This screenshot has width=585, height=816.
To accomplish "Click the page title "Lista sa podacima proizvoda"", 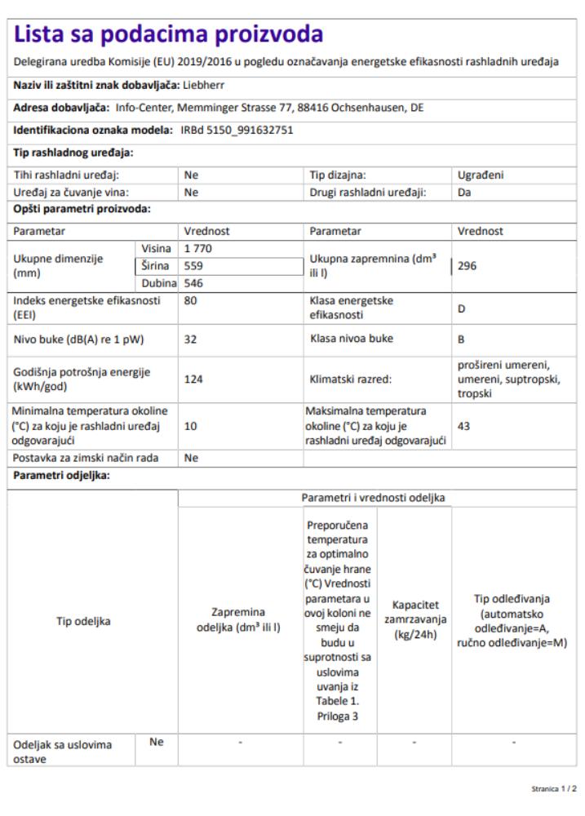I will tap(169, 34).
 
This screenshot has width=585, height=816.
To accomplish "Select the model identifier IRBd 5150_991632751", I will tap(236, 130).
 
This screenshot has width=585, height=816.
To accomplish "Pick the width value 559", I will tap(193, 265).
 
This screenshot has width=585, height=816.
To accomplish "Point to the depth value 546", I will tap(193, 283).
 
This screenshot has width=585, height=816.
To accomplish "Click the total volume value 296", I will tap(468, 265).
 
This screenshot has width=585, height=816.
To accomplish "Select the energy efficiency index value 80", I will tap(191, 299).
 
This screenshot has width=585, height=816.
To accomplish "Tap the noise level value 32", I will tap(191, 339).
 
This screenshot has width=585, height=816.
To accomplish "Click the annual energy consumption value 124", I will tap(193, 379).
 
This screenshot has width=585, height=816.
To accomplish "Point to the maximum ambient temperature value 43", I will tap(464, 425).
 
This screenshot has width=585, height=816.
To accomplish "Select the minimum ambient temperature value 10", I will tap(191, 425).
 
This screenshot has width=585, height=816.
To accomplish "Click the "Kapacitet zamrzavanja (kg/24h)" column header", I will tap(414, 620).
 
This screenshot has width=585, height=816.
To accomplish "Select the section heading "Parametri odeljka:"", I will tap(60, 475).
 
